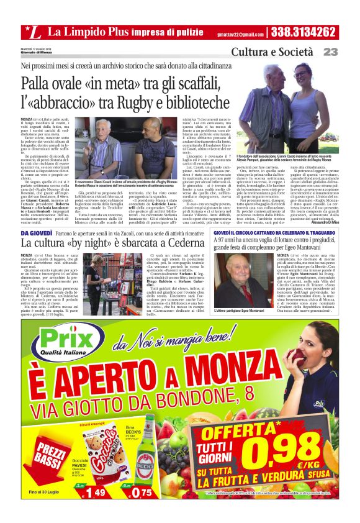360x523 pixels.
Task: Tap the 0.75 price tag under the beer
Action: [x=142, y=493]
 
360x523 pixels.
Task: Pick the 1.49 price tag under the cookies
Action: [x=92, y=493]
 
